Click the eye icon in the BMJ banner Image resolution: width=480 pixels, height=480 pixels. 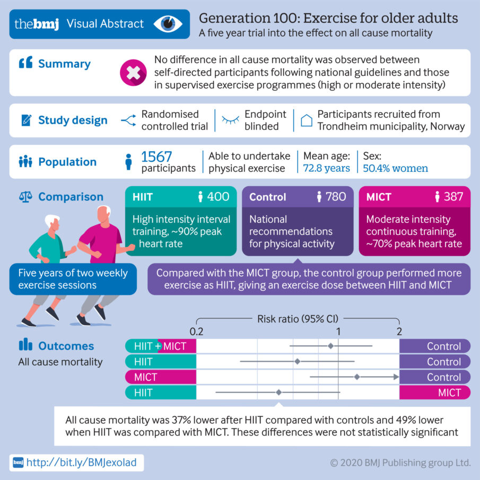pos(168,24)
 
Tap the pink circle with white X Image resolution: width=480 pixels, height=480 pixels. pos(133,73)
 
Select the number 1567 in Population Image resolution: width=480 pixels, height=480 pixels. pos(158,156)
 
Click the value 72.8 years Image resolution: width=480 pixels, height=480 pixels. pos(326,168)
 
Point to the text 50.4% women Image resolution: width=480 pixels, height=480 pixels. pos(395,168)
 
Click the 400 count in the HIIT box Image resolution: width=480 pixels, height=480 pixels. pos(218,197)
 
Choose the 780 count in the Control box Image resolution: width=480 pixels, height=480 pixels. pos(335,197)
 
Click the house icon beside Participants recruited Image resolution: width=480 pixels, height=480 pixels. pos(306,120)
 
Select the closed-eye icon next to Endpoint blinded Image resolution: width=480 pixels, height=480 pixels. pos(230,121)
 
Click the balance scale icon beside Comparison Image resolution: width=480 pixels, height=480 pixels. pos(25,197)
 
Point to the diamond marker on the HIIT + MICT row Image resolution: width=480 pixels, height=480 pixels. pos(330,346)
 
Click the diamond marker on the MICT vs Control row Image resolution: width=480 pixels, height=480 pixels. pos(357,377)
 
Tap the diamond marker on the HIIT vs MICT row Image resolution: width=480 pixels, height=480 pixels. pos(278,392)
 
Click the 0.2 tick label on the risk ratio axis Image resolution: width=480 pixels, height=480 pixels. pos(197,331)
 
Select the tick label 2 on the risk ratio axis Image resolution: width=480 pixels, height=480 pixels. pos(399,331)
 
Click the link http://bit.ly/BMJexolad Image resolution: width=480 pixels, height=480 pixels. pos(81,462)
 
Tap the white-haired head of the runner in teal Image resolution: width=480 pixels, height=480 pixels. pos(52,222)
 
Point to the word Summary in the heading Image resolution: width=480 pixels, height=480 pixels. pos(64,64)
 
